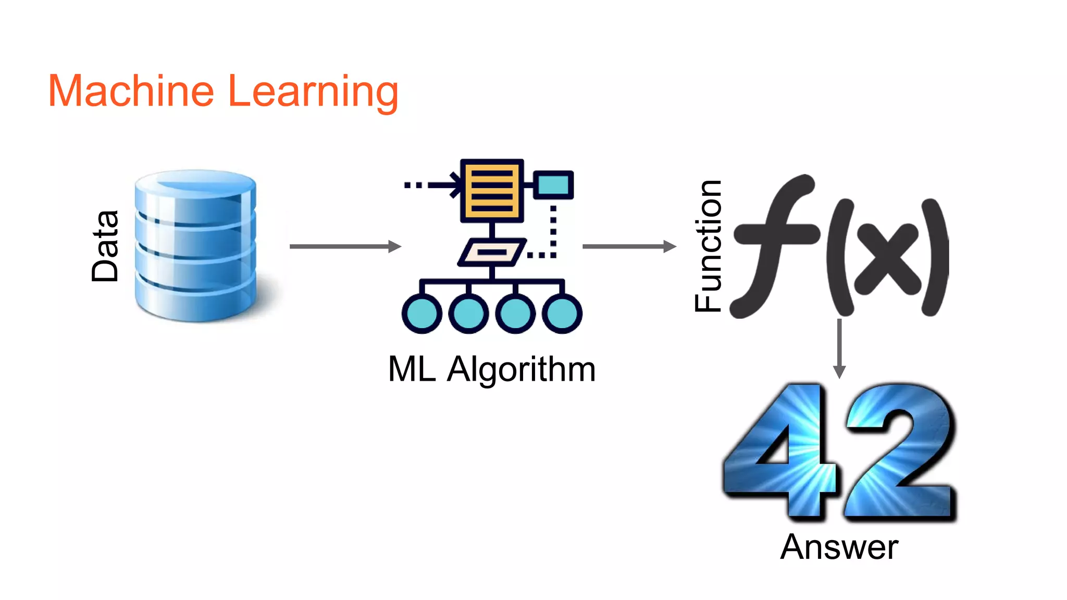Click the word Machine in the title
(x=131, y=92)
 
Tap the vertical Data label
(x=105, y=246)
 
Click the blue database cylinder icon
(x=195, y=245)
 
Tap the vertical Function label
(x=709, y=246)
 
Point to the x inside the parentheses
(x=886, y=259)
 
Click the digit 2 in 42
(x=899, y=451)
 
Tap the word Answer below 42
(x=839, y=547)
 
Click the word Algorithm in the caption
(x=521, y=370)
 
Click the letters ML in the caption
(x=412, y=369)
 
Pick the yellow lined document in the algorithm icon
(x=492, y=191)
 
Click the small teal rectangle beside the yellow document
(x=553, y=185)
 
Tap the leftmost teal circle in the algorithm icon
(x=421, y=314)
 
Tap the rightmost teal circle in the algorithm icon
(x=562, y=314)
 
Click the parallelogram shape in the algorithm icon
(x=492, y=253)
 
